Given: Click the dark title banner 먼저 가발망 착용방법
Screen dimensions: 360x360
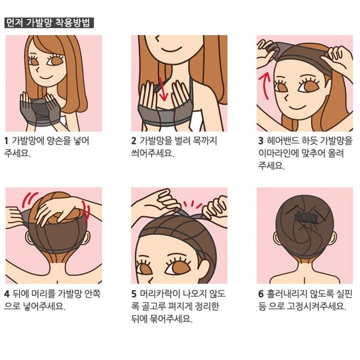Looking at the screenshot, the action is (x=49, y=23).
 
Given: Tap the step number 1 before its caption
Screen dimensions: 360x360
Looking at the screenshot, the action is (x=6, y=141).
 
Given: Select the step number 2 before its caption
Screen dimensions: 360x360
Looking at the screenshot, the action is (x=134, y=141).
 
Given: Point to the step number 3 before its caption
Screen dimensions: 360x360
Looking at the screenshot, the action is (x=261, y=141).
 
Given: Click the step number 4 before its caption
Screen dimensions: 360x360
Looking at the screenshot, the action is (x=7, y=294).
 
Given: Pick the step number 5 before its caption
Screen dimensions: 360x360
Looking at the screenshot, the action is (x=134, y=294).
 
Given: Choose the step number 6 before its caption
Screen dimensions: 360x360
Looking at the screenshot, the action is (x=261, y=294).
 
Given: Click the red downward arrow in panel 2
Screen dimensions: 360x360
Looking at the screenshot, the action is (x=163, y=89).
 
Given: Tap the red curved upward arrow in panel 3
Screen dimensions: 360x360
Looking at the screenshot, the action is (x=264, y=85).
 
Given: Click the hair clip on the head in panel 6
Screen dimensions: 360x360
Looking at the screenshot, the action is (x=305, y=217).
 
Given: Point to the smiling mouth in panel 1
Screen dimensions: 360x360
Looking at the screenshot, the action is (x=45, y=77).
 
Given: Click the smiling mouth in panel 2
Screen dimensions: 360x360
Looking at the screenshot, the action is (x=171, y=49).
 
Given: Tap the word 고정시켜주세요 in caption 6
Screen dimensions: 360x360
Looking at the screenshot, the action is (x=316, y=307).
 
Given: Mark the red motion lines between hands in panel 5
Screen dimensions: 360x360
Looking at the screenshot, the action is (x=192, y=204).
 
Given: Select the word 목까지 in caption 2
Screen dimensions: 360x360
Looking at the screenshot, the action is (x=205, y=141).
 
